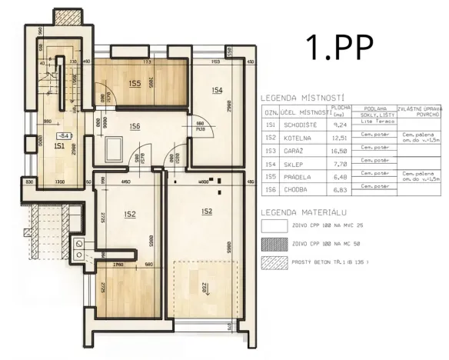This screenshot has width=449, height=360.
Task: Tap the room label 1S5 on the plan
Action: (135, 83)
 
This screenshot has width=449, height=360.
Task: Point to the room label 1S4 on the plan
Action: (217, 91)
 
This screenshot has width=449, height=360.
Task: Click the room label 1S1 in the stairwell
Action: (58, 145)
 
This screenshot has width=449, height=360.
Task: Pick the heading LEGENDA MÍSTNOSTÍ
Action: (301, 98)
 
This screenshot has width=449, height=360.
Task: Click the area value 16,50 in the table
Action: (341, 151)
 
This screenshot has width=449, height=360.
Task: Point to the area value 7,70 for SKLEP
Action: (341, 164)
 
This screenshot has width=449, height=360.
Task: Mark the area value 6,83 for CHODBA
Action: (341, 188)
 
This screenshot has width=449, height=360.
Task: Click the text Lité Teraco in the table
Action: (373, 122)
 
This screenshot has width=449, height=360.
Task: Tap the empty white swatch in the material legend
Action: (273, 226)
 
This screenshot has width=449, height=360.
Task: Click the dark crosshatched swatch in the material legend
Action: (273, 243)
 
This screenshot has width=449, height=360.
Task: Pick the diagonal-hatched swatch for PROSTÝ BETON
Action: (273, 261)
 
